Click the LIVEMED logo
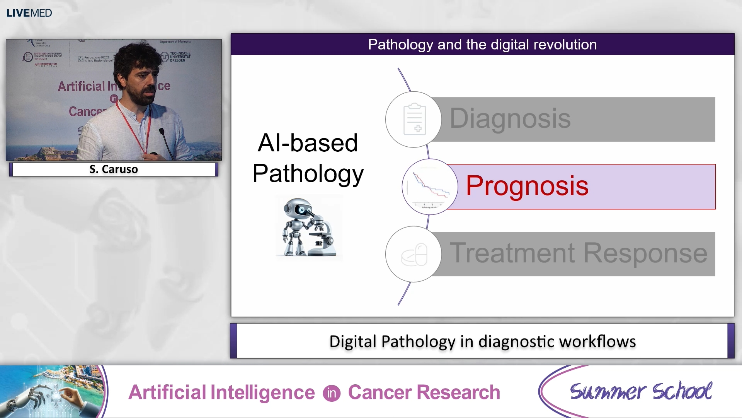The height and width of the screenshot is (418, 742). (x=29, y=13)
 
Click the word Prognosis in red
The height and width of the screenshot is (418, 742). (x=527, y=186)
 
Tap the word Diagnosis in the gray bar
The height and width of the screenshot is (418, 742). (x=510, y=118)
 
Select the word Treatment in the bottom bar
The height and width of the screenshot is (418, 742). (x=512, y=253)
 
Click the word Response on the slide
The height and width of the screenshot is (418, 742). (x=645, y=253)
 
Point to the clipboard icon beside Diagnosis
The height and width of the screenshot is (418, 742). (x=414, y=119)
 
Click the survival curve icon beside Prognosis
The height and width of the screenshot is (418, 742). (x=430, y=187)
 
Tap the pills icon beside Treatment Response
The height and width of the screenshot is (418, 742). (x=414, y=255)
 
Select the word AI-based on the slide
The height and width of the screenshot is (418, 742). (x=308, y=143)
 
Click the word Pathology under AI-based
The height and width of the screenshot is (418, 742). (x=308, y=173)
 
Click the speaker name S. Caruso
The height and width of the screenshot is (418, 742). (x=114, y=169)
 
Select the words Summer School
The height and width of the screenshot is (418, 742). (x=640, y=391)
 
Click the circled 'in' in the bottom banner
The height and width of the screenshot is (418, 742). (x=331, y=393)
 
